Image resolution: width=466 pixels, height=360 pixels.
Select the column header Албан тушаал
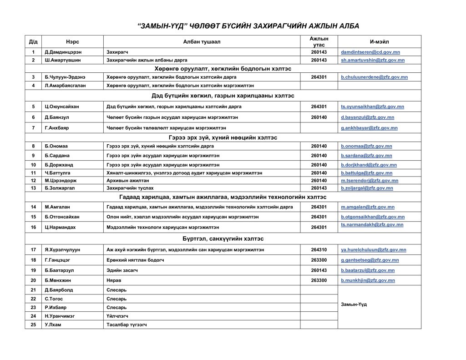tap(202, 41)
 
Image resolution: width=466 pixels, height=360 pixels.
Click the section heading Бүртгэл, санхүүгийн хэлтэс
tap(223, 238)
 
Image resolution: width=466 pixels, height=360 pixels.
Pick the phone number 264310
tap(319, 250)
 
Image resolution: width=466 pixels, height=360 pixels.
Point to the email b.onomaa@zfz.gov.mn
tap(366, 146)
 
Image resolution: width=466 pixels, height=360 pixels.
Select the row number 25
tap(33, 325)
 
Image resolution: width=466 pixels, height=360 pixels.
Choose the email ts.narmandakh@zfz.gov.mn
tap(372, 225)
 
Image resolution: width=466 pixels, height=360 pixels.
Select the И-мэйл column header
tap(379, 41)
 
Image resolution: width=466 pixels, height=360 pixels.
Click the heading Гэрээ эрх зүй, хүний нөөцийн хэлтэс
tap(223, 137)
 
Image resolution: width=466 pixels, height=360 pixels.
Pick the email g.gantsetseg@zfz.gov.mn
tap(370, 260)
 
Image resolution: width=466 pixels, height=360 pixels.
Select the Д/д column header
tap(33, 41)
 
